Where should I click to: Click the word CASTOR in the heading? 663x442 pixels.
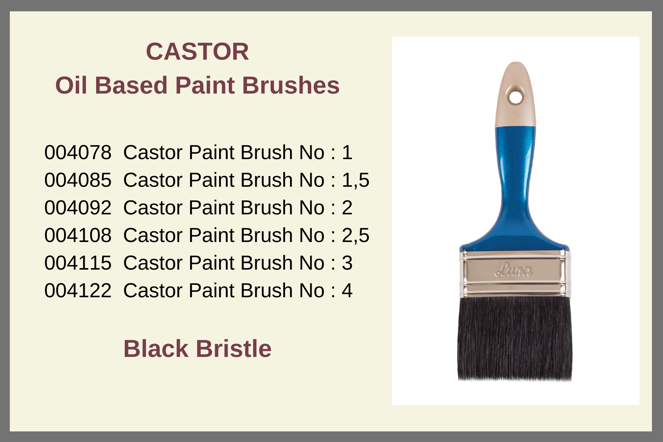[x=197, y=51]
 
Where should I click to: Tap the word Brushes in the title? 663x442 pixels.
[x=291, y=85]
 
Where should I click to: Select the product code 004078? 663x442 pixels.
[x=78, y=152]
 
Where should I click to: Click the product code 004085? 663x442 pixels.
[x=78, y=180]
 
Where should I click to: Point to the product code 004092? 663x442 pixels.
[x=78, y=207]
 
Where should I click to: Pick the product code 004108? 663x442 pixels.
[x=78, y=235]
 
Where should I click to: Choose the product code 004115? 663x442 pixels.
[x=78, y=263]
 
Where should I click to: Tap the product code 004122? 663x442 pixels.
[x=78, y=290]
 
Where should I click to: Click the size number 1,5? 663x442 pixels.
[x=355, y=180]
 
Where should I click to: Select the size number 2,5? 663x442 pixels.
[x=355, y=236]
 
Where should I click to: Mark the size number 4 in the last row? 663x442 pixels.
[x=347, y=290]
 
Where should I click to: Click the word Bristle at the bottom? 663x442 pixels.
[x=234, y=348]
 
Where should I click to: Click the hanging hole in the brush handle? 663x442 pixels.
[x=516, y=98]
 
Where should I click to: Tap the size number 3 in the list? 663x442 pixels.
[x=347, y=263]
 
